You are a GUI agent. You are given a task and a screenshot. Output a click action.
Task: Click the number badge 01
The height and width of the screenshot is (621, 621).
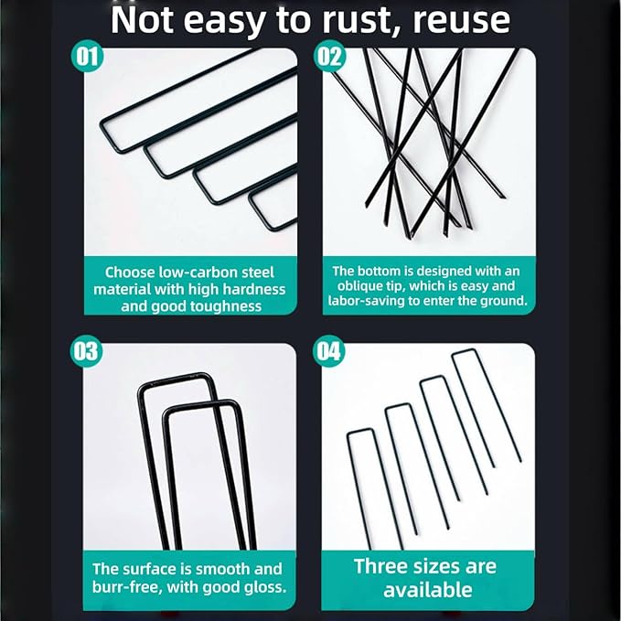pos(87,56)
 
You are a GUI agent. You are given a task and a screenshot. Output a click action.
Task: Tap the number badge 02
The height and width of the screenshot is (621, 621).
pos(330,56)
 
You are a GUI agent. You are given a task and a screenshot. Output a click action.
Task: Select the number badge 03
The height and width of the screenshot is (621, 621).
pos(86,351)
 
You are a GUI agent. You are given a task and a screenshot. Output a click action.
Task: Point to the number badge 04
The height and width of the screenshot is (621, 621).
pos(328,351)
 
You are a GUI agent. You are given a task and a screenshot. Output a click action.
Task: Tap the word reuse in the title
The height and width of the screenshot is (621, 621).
pos(461,21)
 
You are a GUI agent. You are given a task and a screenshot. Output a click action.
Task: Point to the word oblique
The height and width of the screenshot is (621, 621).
pos(360,285)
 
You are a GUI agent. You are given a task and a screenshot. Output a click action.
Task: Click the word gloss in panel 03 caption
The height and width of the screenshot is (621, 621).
pos(265,587)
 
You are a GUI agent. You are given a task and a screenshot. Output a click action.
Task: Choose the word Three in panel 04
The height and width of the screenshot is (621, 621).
pos(379,566)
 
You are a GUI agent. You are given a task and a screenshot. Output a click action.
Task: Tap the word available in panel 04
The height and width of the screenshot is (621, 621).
pos(428,589)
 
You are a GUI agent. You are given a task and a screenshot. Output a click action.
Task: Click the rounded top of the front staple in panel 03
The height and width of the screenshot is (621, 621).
pos(200,405)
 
